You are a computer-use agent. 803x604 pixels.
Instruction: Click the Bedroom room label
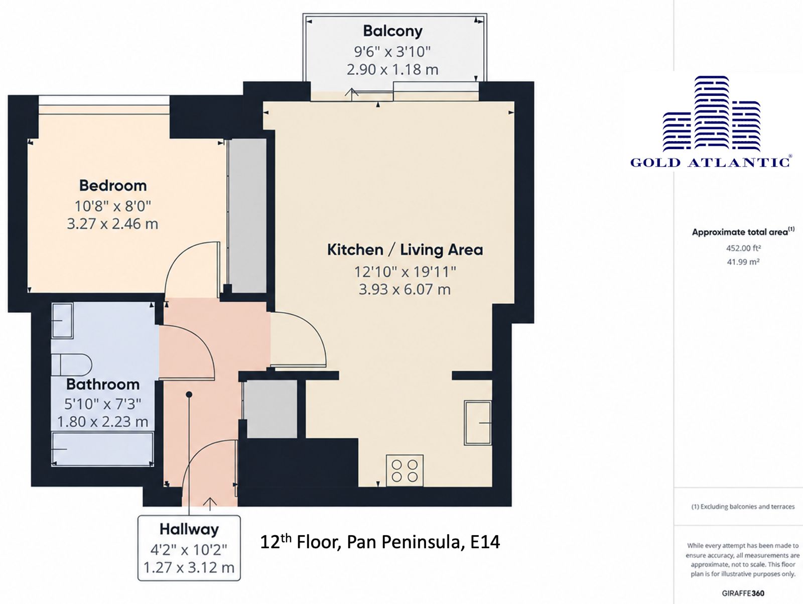[113, 185]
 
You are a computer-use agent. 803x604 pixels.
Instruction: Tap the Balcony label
[392, 31]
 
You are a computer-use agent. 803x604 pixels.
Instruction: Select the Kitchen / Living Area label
[405, 250]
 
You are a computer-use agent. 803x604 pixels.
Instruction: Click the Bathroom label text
[103, 385]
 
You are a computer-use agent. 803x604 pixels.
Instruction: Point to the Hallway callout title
[189, 529]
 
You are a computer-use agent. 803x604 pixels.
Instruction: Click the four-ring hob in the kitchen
[405, 471]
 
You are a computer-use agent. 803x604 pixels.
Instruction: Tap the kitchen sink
[477, 423]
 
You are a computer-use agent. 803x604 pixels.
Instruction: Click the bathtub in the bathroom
[102, 449]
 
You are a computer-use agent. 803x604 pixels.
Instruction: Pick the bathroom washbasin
[62, 320]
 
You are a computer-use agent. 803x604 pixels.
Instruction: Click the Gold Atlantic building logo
[712, 113]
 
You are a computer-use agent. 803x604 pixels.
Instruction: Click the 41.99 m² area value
[743, 262]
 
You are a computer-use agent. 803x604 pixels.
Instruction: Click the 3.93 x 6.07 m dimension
[405, 289]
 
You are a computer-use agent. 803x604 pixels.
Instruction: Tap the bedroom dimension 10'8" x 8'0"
[113, 206]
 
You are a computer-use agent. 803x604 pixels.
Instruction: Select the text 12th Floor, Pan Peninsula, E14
[380, 542]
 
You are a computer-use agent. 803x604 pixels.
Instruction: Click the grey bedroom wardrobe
[247, 215]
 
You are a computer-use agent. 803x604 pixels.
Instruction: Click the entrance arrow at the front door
[210, 504]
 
